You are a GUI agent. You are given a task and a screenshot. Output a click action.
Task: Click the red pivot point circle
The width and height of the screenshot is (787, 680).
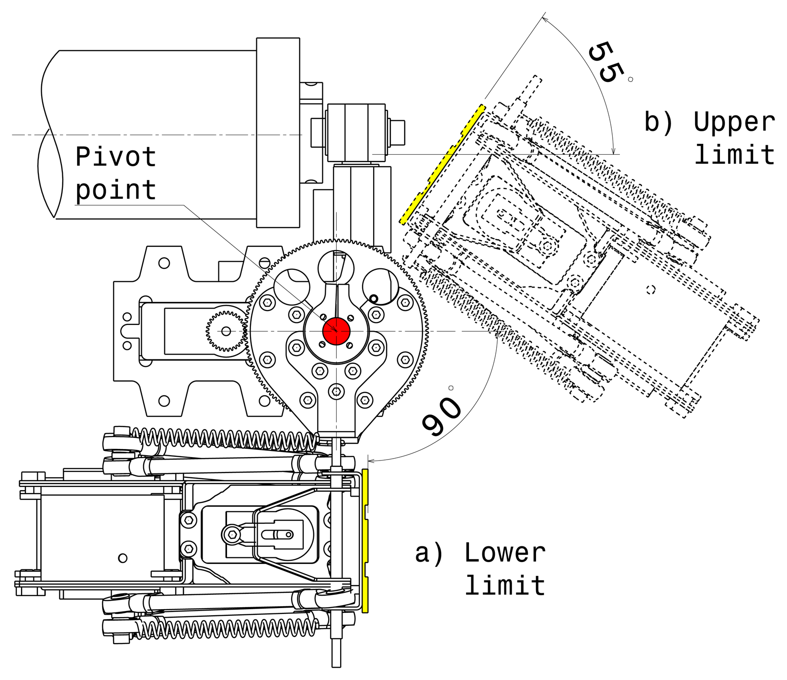[336, 331]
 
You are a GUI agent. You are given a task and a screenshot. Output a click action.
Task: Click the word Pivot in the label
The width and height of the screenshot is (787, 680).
[116, 157]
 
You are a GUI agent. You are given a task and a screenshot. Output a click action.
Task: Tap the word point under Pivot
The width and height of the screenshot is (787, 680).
[116, 190]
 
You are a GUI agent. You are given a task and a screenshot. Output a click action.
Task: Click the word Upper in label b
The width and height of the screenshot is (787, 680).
[734, 122]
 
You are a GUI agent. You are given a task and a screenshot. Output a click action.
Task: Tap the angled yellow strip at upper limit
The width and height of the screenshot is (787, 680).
[442, 164]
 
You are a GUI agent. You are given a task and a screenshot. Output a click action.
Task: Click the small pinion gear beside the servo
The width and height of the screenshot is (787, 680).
[226, 331]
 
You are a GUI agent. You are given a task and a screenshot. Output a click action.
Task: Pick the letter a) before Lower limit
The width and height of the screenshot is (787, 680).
[429, 553]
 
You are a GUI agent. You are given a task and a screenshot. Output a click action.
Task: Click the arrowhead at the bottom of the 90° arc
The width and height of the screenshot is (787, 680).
[370, 462]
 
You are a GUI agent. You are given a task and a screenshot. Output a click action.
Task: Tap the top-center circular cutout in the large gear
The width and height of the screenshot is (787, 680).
[335, 266]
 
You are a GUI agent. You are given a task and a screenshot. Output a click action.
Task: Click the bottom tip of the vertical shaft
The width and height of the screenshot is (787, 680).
[336, 664]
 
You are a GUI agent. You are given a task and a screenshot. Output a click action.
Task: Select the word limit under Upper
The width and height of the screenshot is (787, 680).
[734, 155]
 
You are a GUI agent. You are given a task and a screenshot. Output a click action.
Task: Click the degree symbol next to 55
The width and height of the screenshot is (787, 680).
[630, 80]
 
